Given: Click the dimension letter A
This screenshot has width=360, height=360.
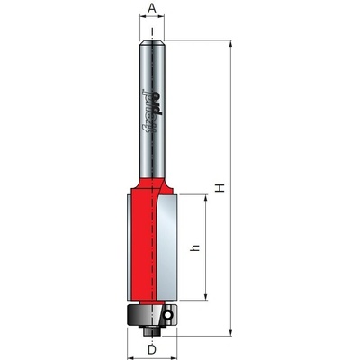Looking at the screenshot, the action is pyautogui.click(x=152, y=9).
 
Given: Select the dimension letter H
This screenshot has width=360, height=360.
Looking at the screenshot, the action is pyautogui.click(x=220, y=188).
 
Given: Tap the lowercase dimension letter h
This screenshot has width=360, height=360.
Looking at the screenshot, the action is pyautogui.click(x=195, y=247).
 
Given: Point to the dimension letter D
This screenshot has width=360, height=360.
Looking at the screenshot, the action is pyautogui.click(x=152, y=349).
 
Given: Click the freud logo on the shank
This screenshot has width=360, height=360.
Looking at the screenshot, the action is pyautogui.click(x=152, y=112).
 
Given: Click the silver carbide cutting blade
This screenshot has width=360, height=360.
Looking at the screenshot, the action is pyautogui.click(x=167, y=247).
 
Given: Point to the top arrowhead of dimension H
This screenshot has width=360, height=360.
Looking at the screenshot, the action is pyautogui.click(x=231, y=43).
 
